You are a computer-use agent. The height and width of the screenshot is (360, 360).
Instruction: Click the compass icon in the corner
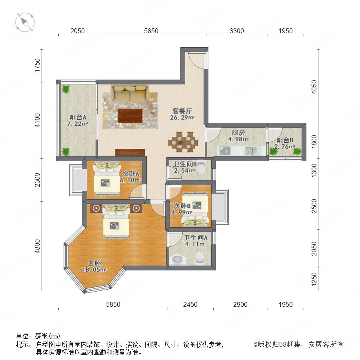tap(25, 22)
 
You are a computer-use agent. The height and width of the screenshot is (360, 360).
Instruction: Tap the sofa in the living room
tap(130, 94)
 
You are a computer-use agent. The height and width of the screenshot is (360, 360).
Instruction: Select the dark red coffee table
tap(130, 116)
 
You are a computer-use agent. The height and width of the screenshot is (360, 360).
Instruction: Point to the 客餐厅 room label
tap(182, 111)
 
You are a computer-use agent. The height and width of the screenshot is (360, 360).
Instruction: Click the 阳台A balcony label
tap(78, 117)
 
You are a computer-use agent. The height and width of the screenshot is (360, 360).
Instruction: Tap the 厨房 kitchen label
tap(238, 133)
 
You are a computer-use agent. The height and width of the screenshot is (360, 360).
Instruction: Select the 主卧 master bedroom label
tap(94, 263)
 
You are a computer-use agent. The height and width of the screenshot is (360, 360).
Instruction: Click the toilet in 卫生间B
tap(201, 167)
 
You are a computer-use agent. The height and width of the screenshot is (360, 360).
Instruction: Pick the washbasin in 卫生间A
tap(177, 260)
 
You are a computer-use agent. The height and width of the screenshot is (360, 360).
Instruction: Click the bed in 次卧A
tap(107, 179)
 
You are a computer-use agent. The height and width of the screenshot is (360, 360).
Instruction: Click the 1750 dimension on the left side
tap(37, 66)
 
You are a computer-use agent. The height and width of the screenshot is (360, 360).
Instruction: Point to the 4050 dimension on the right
tap(314, 87)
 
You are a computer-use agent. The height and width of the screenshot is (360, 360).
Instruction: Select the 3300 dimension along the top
tap(237, 31)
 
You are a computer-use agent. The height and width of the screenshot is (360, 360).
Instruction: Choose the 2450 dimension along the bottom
tap(190, 304)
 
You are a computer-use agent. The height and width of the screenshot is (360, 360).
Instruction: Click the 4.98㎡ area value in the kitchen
tap(238, 139)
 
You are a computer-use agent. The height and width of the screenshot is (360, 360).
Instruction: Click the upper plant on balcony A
tap(66, 89)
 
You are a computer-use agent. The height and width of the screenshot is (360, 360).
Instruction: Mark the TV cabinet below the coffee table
tap(130, 152)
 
